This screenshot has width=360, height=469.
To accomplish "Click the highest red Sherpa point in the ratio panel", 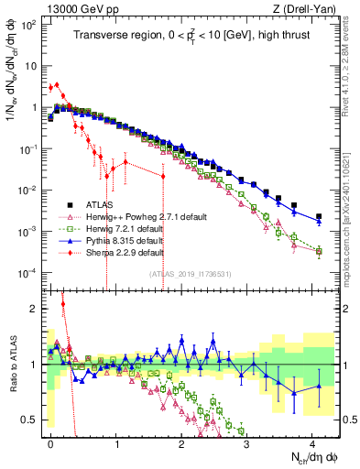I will pos(63,304).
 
